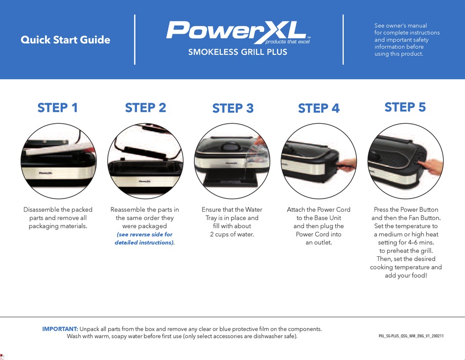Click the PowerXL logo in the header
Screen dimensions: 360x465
(237, 32)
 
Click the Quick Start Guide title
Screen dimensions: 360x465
(65, 40)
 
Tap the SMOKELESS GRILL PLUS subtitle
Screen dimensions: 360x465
(237, 52)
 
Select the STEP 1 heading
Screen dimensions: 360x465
(58, 108)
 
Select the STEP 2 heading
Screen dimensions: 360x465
(145, 108)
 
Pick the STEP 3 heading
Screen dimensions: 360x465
(232, 108)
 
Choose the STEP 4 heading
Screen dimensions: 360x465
(319, 108)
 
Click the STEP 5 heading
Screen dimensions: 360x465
(405, 107)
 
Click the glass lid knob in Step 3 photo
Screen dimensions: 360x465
(229, 146)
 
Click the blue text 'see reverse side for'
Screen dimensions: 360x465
(144, 234)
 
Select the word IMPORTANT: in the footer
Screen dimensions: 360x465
(60, 329)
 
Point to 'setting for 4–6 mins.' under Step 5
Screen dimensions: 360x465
(406, 243)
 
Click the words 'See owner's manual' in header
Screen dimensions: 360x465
(400, 25)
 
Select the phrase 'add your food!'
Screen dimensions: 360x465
(406, 275)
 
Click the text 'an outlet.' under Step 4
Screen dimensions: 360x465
(319, 243)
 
